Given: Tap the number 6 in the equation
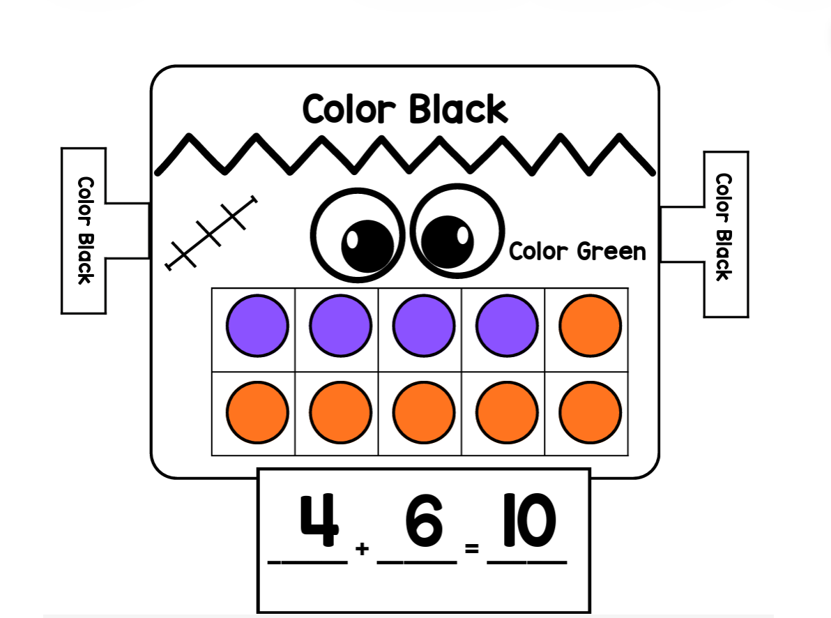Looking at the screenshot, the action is (423, 521).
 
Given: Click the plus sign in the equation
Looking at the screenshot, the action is (362, 548).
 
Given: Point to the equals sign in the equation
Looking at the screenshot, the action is (472, 548).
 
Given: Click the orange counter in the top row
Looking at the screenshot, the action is (590, 326).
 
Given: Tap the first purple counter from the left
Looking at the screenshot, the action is (257, 326).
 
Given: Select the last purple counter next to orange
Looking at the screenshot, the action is (507, 326).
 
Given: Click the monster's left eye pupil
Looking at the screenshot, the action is (367, 246).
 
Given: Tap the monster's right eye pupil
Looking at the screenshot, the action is (448, 242).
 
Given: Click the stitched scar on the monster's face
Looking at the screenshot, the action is (211, 233).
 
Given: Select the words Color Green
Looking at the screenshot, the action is (578, 251).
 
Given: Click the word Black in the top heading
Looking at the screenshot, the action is (458, 110).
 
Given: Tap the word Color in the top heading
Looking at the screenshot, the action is (349, 110).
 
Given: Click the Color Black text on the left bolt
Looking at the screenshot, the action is (85, 230).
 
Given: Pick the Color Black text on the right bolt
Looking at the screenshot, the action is (724, 227).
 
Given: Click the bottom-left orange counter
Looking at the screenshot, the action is (257, 412).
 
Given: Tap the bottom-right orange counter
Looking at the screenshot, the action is (590, 412).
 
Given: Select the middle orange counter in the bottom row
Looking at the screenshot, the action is (423, 412).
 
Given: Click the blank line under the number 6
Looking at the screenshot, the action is (417, 562).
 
